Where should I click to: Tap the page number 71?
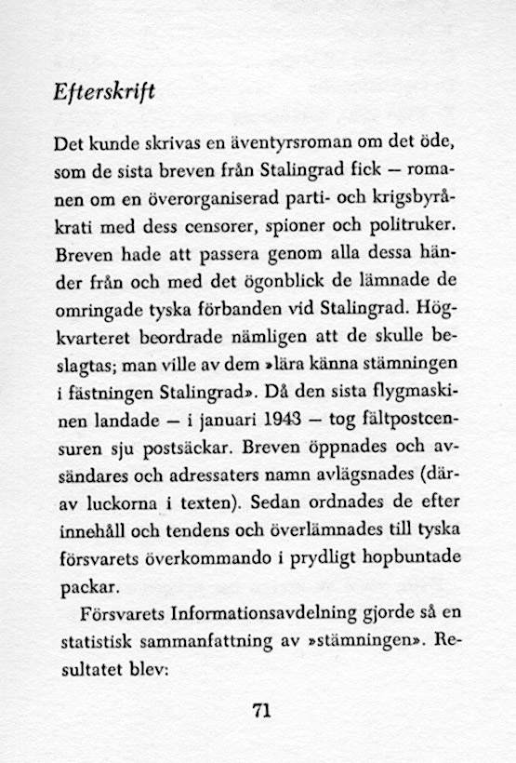pos(260,712)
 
